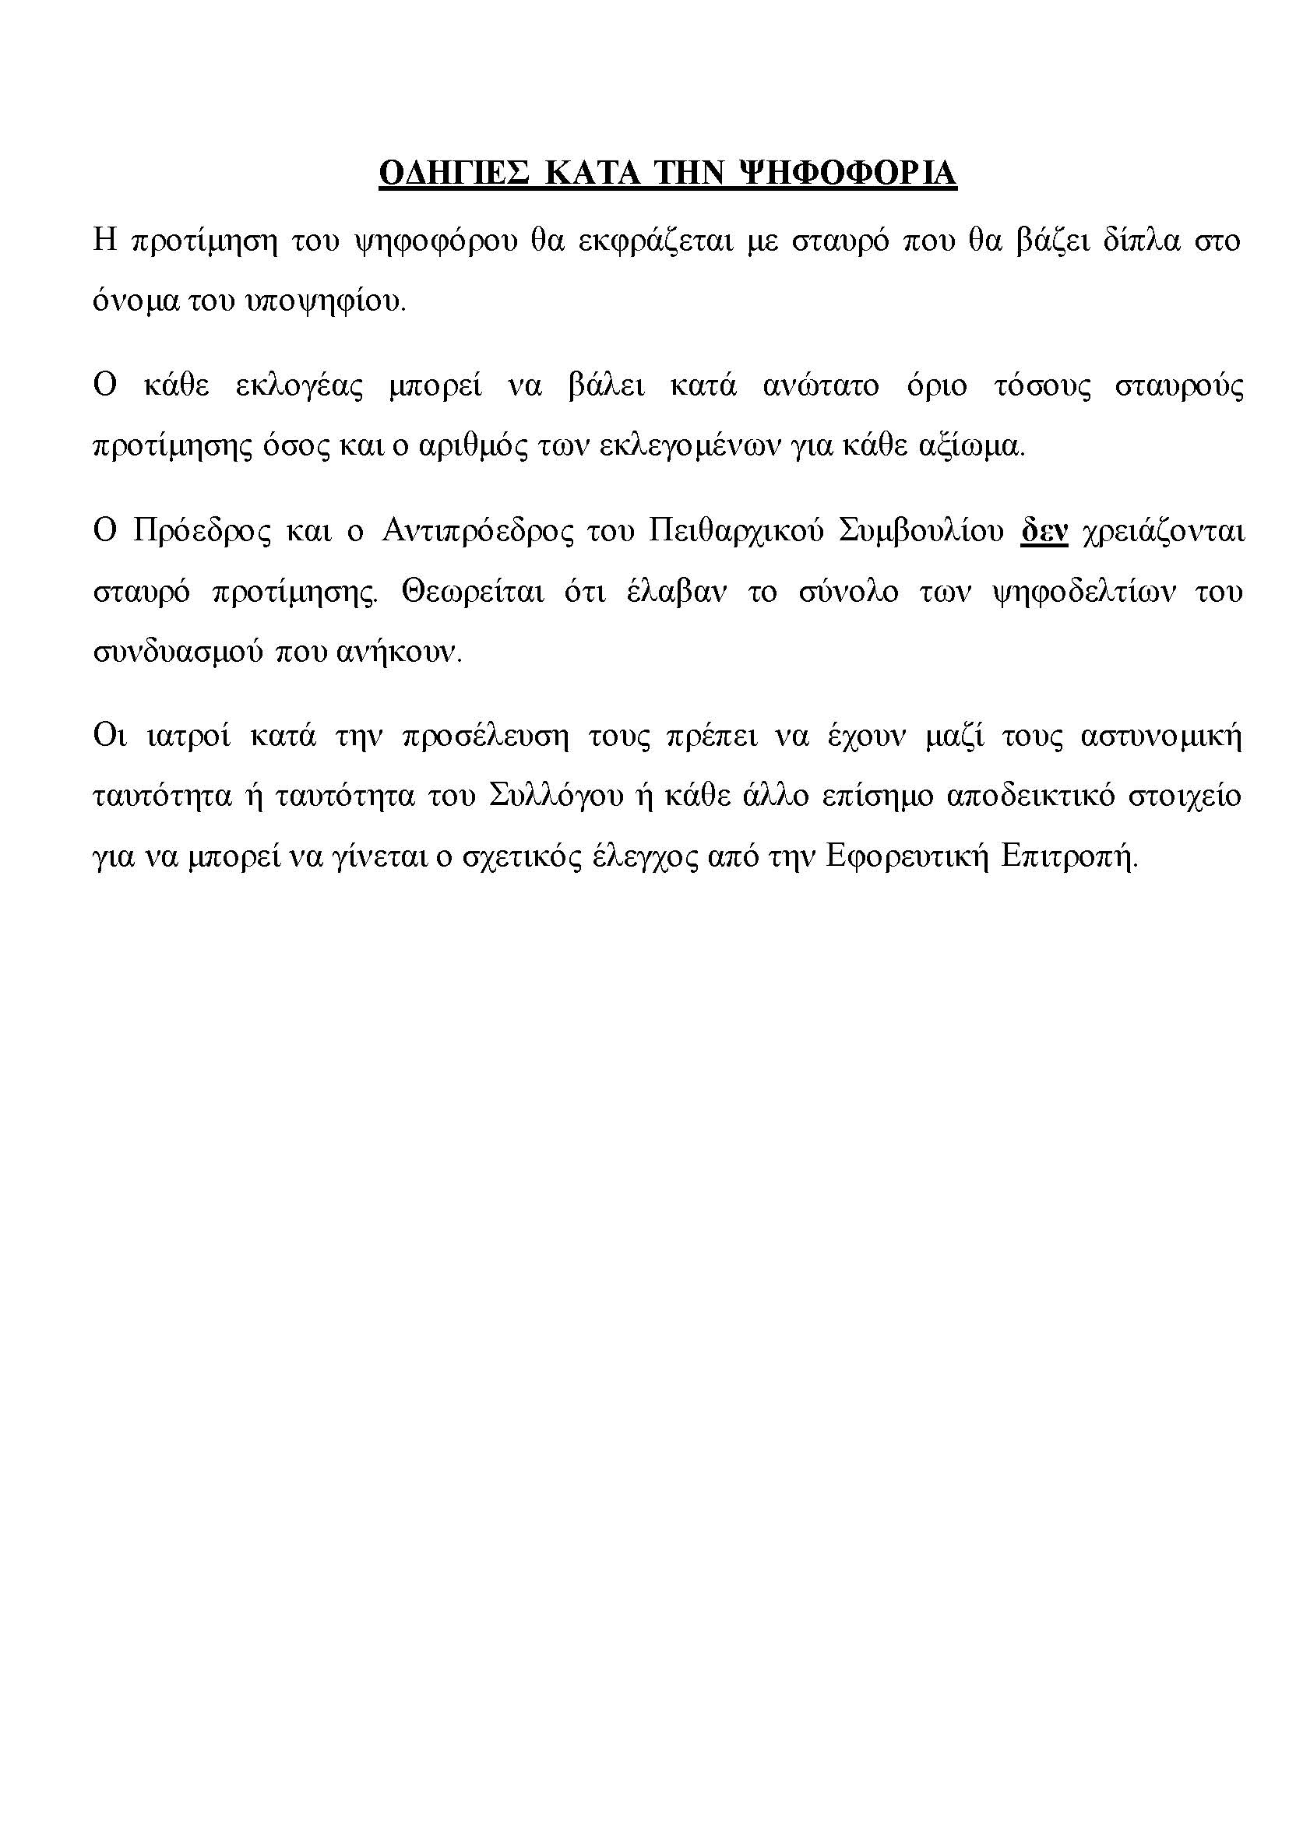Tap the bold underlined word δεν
point(1044,531)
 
